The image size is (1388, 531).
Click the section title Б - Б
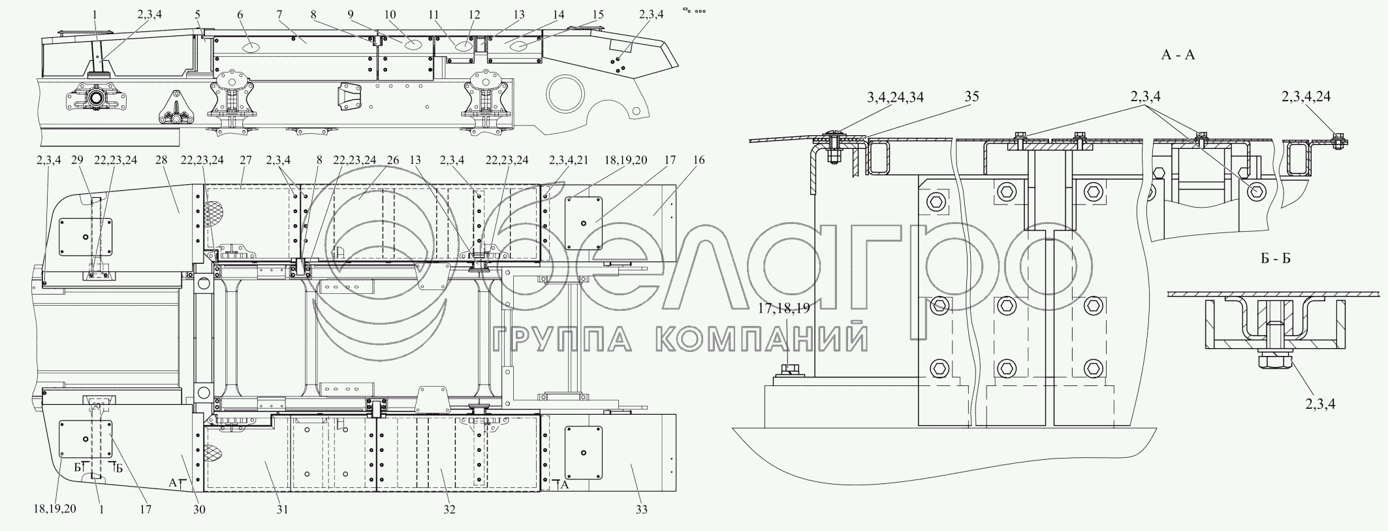point(1275,258)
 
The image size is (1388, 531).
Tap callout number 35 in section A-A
point(971,97)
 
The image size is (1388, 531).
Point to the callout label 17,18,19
point(784,308)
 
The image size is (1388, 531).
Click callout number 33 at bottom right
point(642,509)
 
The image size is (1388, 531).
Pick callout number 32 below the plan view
point(449,509)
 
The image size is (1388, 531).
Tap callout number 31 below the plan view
point(281,509)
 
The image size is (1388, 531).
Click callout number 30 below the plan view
point(199,509)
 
